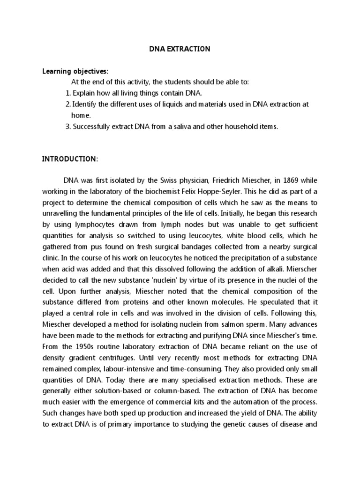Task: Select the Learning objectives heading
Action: click(75, 71)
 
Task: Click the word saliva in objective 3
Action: click(186, 126)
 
